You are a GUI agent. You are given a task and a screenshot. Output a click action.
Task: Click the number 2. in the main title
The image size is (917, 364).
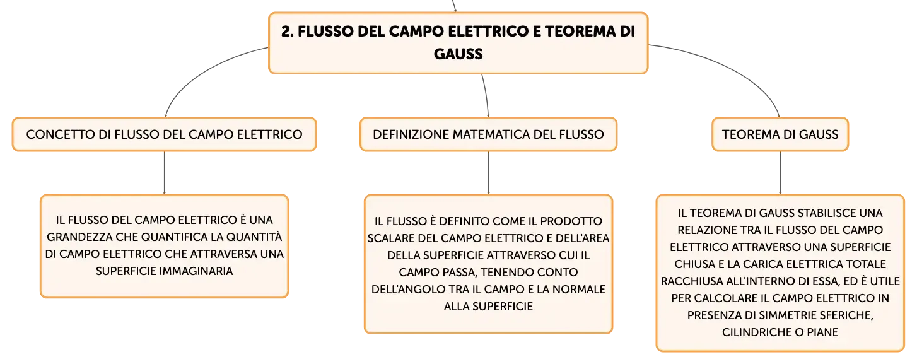click(x=288, y=32)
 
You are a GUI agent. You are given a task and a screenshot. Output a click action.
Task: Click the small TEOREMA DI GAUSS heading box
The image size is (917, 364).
click(x=780, y=134)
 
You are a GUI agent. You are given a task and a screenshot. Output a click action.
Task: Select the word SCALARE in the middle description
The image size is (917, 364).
click(x=390, y=238)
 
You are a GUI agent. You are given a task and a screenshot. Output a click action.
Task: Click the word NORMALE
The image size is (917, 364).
click(x=579, y=290)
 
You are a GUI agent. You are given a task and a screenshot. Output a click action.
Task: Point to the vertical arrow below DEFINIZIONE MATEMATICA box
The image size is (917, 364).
click(x=488, y=173)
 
